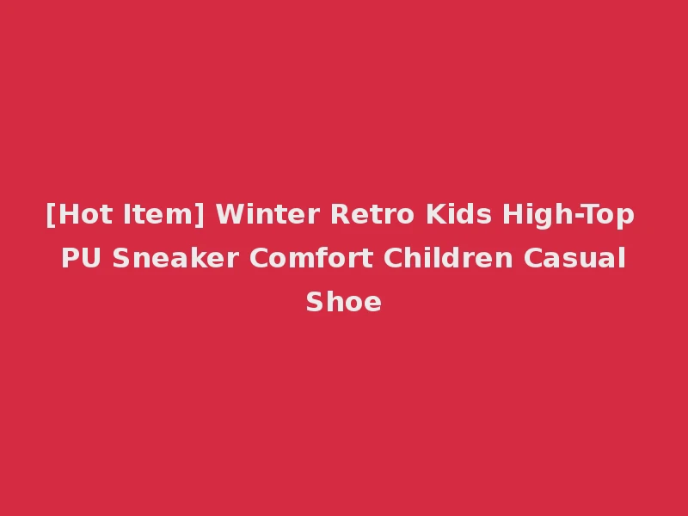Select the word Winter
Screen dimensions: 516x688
coord(264,214)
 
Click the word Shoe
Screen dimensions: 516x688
coord(344,302)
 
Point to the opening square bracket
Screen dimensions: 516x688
coord(50,215)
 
